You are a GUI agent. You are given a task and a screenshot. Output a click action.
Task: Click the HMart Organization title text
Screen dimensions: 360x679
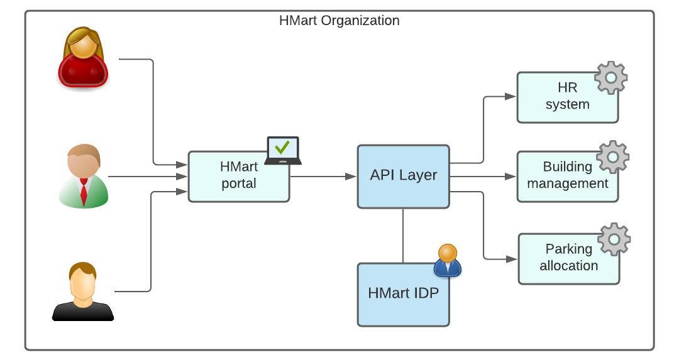[x=339, y=20]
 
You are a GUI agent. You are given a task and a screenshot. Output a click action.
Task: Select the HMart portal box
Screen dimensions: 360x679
[x=238, y=177]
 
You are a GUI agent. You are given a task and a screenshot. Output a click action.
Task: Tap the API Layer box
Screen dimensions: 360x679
[x=403, y=176]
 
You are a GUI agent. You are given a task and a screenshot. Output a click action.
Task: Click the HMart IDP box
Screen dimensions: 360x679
[x=403, y=294]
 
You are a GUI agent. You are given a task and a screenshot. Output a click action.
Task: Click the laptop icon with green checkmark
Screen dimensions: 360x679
[x=282, y=150]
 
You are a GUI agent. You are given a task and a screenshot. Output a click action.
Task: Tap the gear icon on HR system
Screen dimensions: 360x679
[x=610, y=77]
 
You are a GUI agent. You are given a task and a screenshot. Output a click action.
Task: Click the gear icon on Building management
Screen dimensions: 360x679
[x=612, y=157]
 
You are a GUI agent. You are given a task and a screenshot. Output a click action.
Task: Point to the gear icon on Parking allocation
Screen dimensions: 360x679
[x=614, y=239]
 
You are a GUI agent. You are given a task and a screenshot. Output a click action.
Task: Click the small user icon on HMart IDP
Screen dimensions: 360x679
[x=448, y=261]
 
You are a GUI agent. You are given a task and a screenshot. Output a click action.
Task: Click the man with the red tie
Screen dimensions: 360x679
[x=84, y=177]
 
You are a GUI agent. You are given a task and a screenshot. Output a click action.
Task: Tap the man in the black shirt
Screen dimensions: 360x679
[x=82, y=292]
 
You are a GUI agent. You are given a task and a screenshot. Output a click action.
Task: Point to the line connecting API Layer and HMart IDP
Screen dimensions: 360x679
[x=403, y=236]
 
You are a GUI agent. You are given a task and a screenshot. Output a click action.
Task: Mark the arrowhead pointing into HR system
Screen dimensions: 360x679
[x=510, y=97]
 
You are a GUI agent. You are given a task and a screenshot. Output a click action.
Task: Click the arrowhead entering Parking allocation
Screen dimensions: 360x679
[x=511, y=258]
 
